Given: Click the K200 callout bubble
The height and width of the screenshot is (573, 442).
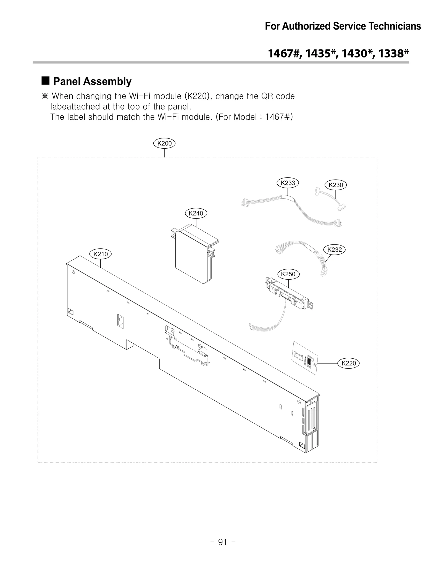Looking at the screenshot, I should click(x=164, y=143).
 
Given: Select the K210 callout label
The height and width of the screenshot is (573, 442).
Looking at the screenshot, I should click(x=101, y=254).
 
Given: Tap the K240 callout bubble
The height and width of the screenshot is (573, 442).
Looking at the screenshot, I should click(x=196, y=213).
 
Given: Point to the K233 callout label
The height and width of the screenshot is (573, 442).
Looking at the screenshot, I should click(x=288, y=183).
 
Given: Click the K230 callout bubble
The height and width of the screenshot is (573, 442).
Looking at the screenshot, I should click(x=336, y=185).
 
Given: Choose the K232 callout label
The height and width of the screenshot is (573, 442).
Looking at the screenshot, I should click(x=335, y=249).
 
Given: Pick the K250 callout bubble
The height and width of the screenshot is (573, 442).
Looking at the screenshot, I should click(x=288, y=274).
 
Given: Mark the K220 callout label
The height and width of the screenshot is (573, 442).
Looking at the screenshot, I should click(x=349, y=363).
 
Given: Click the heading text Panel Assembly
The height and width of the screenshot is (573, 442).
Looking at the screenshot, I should click(x=92, y=82).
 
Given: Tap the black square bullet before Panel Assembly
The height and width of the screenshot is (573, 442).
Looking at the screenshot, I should click(x=46, y=81).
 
